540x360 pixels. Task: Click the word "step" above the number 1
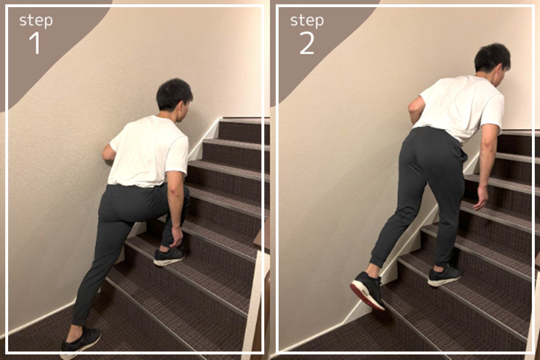click(x=36, y=20)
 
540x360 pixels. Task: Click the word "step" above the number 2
click(x=307, y=20)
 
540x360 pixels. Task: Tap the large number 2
click(x=307, y=43)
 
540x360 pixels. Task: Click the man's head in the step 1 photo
click(x=174, y=98)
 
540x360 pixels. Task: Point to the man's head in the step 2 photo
click(x=492, y=64)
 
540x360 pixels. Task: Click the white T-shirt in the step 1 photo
click(x=149, y=151)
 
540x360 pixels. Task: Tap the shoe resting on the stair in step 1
click(x=169, y=256)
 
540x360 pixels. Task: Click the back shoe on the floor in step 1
click(x=80, y=343)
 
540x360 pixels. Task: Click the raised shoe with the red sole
click(x=367, y=290)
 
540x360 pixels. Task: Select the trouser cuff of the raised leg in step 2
click(x=377, y=260)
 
